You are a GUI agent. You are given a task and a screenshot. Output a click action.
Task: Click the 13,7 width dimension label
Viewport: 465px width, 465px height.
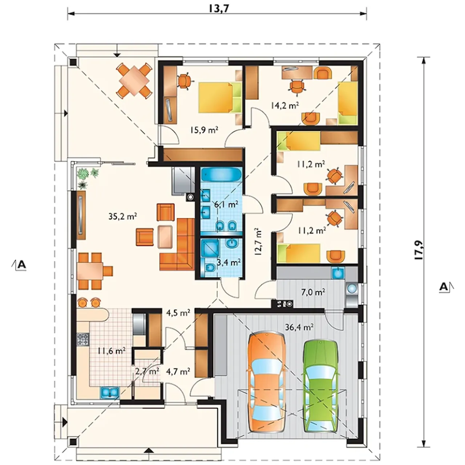click(x=219, y=9)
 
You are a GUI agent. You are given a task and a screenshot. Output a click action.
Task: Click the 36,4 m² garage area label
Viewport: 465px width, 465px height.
click(x=299, y=327)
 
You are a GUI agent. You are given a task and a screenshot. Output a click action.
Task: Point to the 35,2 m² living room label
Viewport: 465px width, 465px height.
click(x=123, y=216)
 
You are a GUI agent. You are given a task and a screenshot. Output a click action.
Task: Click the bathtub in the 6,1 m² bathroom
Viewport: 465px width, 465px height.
click(x=221, y=175)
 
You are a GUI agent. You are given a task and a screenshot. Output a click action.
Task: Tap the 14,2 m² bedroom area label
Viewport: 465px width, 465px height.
click(x=285, y=105)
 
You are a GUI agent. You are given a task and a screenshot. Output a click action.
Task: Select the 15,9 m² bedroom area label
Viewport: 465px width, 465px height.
click(x=204, y=130)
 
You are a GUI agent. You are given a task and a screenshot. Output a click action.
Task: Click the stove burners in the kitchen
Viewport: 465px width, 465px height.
click(x=83, y=340)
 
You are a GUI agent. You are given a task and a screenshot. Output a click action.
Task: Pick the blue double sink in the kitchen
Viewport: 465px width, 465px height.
click(x=110, y=392)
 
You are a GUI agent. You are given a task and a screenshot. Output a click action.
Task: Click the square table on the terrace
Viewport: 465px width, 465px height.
click(x=134, y=80)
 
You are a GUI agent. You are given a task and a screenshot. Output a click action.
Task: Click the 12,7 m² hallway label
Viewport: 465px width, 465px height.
click(x=258, y=243)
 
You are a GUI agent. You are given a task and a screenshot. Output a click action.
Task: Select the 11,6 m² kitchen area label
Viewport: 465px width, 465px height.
click(x=112, y=350)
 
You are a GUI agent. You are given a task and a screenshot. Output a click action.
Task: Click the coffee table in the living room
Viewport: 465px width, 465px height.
click(x=165, y=237)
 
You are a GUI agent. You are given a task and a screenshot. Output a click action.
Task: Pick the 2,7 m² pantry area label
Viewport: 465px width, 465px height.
click(x=147, y=371)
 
